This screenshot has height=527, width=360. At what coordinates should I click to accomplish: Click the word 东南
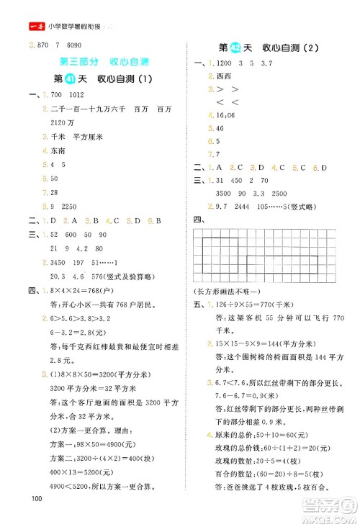point(58,150)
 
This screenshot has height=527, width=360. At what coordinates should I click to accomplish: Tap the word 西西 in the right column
point(214,76)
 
